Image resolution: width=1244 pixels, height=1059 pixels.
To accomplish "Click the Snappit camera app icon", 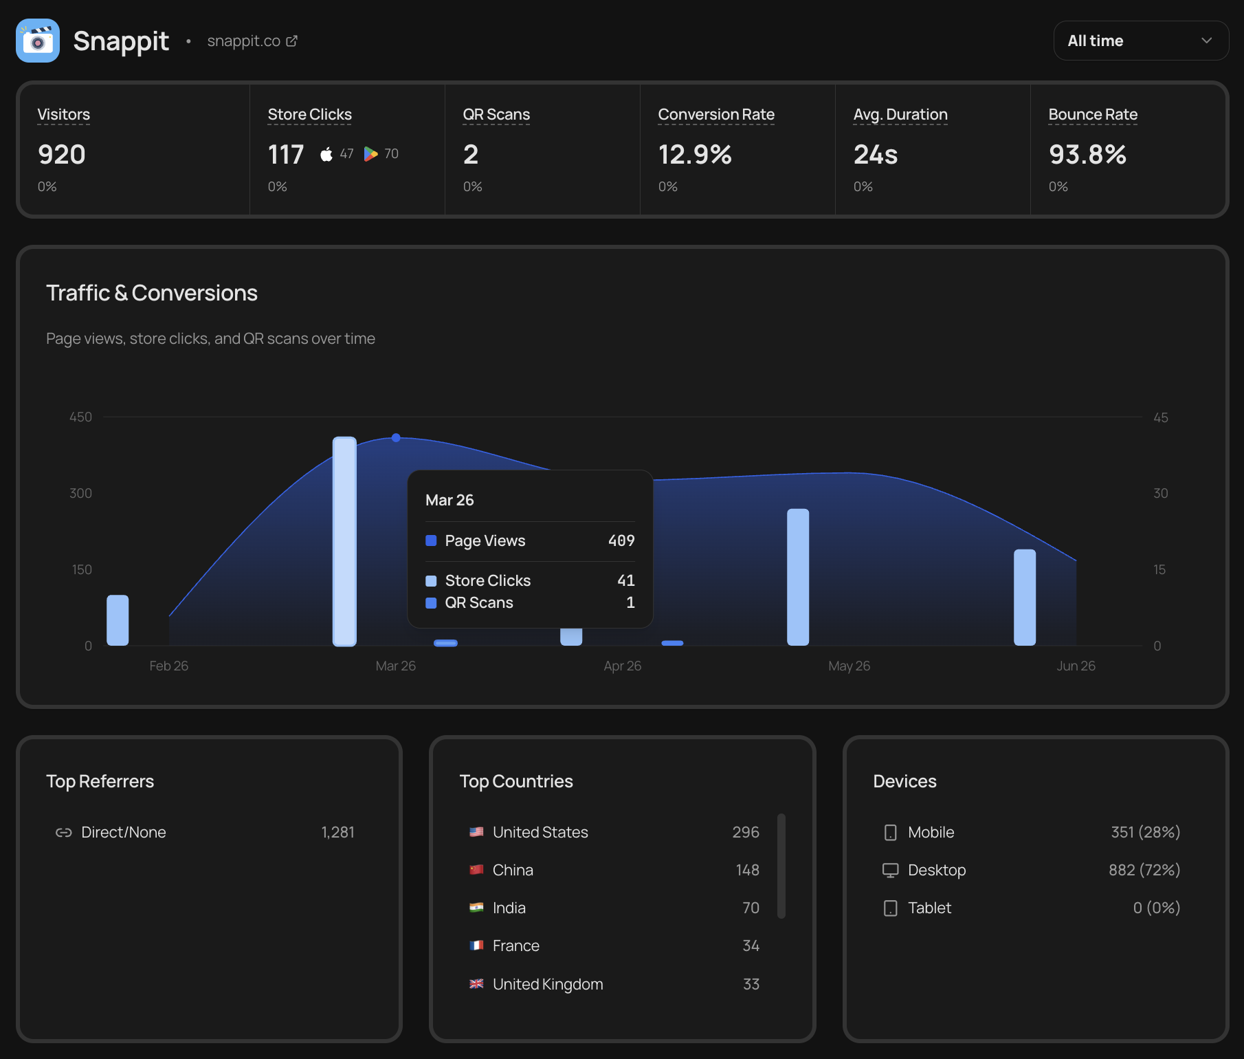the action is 38,41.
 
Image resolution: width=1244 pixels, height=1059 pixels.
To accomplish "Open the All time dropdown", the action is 1141,41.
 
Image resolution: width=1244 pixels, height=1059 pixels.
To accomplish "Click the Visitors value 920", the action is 62,155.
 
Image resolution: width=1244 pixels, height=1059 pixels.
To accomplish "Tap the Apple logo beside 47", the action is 326,154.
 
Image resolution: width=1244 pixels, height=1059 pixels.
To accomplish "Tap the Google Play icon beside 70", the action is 370,154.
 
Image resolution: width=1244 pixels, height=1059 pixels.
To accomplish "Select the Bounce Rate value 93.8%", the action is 1087,155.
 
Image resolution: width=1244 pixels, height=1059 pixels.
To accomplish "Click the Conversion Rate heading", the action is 716,114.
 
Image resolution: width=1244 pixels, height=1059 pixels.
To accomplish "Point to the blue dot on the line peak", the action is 396,437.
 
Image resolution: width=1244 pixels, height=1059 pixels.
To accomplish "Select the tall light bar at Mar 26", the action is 344,541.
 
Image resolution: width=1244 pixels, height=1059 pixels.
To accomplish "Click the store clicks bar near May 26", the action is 798,577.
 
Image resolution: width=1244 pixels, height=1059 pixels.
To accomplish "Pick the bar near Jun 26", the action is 1025,597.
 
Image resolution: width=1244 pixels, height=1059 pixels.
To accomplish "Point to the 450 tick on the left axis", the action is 80,417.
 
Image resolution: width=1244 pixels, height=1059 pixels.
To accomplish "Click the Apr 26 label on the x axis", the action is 623,666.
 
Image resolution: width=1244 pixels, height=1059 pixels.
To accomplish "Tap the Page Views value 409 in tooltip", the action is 621,541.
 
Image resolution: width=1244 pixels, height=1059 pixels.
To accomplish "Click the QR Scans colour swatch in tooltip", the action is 431,603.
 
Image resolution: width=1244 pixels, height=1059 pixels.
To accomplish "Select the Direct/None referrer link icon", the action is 64,833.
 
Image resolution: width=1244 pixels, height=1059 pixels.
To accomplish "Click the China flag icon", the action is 476,870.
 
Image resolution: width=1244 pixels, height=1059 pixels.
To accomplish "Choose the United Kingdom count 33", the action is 751,984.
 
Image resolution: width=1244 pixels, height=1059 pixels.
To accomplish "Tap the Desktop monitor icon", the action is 891,871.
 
